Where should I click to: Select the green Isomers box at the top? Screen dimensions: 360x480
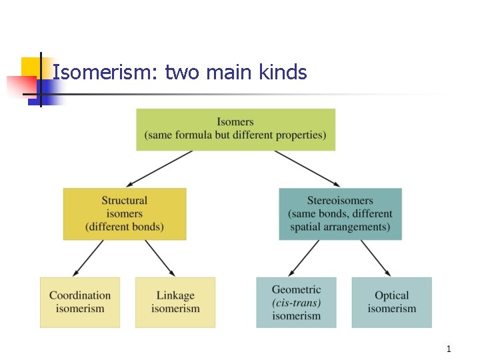click(235, 129)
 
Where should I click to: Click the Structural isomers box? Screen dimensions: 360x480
click(125, 213)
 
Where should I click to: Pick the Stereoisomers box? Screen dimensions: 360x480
click(340, 213)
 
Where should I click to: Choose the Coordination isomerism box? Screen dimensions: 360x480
click(80, 302)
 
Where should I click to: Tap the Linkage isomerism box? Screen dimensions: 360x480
click(175, 302)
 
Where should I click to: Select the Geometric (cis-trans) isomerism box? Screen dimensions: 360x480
click(296, 302)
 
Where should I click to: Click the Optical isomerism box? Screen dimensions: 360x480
click(391, 302)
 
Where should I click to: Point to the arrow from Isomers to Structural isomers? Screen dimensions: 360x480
click(160, 168)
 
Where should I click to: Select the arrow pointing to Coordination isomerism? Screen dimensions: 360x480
click(89, 258)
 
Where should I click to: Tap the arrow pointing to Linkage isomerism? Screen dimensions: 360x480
click(159, 258)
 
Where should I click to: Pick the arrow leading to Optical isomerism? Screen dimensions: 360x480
click(375, 258)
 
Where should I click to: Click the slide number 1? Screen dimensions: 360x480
click(449, 349)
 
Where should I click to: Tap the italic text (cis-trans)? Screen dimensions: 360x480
click(296, 303)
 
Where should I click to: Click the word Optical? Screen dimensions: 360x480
click(391, 295)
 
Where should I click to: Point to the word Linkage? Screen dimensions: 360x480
click(175, 295)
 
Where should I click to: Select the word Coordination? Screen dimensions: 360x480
click(80, 295)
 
